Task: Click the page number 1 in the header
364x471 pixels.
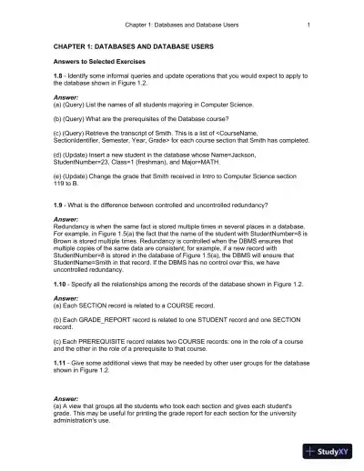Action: tap(309, 24)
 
